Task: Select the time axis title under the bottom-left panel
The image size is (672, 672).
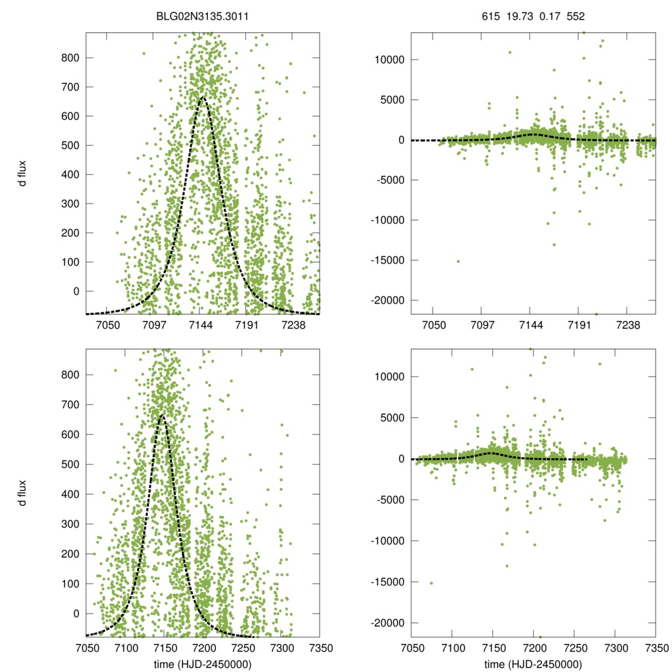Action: coord(203,664)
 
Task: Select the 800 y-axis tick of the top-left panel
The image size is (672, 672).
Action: coord(70,58)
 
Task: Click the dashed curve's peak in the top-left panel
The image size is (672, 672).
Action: coord(202,98)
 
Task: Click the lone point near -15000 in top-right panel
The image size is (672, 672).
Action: coord(458,261)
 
